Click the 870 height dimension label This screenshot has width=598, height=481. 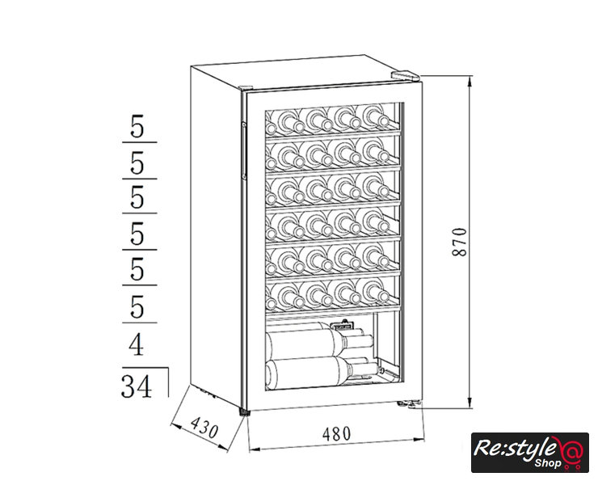460,242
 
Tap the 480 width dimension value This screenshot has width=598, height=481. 336,433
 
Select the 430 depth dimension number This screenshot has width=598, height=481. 204,427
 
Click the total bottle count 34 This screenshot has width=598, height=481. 136,386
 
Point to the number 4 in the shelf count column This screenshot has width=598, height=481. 136,344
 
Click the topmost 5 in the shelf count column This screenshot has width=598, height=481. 137,126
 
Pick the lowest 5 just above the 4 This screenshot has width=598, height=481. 137,306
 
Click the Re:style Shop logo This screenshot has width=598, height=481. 530,453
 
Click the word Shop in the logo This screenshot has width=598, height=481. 547,463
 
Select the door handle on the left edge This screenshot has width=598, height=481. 243,150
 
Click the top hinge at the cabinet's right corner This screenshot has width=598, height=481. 406,75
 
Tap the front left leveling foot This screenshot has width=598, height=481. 244,412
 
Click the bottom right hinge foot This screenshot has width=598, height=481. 410,404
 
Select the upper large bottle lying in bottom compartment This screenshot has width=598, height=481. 320,342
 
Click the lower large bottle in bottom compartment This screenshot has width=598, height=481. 321,373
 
